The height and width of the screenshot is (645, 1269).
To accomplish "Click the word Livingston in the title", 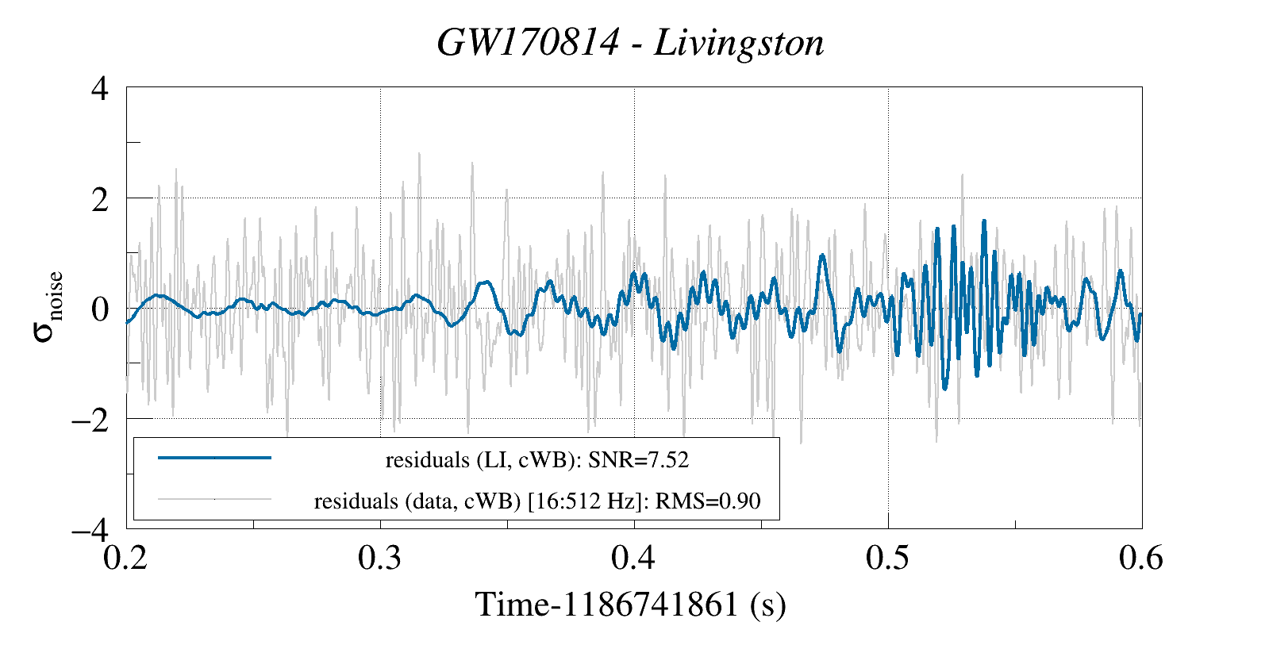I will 739,43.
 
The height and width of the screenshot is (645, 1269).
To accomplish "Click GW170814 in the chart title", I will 527,43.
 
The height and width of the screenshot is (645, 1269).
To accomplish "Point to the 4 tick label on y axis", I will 100,88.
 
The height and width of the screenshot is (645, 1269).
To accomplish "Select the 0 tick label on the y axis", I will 100,309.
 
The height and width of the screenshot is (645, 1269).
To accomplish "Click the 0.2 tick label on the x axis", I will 126,559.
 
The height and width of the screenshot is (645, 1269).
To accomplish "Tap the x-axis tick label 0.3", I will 380,559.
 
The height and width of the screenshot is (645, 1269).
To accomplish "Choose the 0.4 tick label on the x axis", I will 634,559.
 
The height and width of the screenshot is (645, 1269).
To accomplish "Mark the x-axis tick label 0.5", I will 888,559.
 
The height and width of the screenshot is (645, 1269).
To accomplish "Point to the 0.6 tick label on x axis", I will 1141,559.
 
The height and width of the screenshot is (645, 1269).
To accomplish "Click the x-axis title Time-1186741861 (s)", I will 630,605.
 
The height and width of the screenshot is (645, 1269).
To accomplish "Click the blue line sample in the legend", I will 214,458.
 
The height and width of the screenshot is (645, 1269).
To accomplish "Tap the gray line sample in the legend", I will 214,500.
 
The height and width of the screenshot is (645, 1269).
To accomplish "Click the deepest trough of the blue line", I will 944,388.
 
